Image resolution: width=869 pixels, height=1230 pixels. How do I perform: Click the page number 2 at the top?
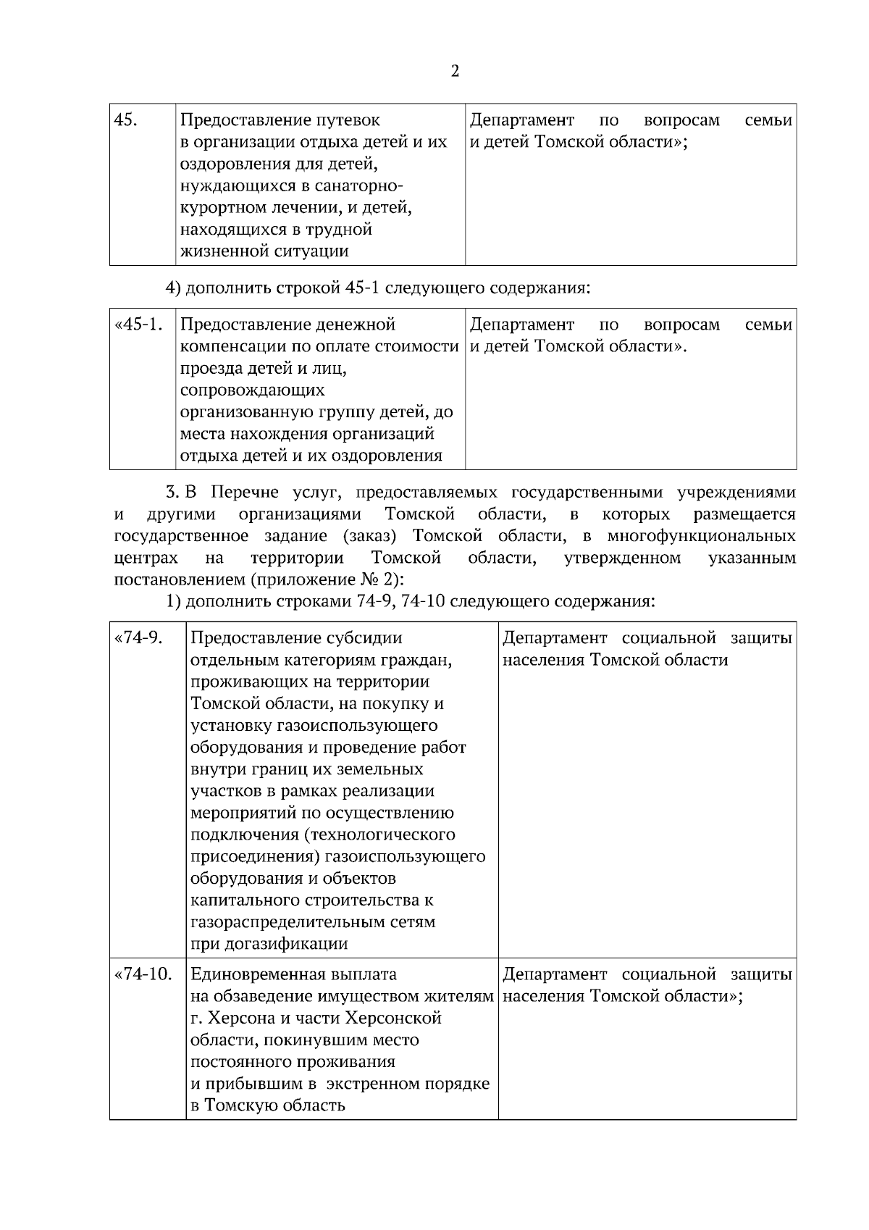click(x=455, y=71)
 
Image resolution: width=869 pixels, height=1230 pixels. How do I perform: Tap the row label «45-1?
click(x=138, y=325)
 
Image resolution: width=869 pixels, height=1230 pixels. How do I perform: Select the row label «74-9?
click(x=138, y=638)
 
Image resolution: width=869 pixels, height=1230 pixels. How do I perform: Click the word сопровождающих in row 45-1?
click(x=252, y=390)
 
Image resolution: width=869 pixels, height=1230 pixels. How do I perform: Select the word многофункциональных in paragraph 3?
click(x=700, y=537)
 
